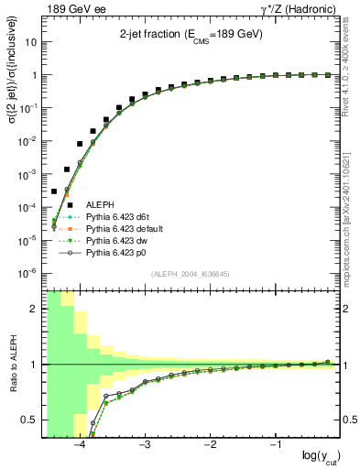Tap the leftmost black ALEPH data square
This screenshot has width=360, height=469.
point(54,191)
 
